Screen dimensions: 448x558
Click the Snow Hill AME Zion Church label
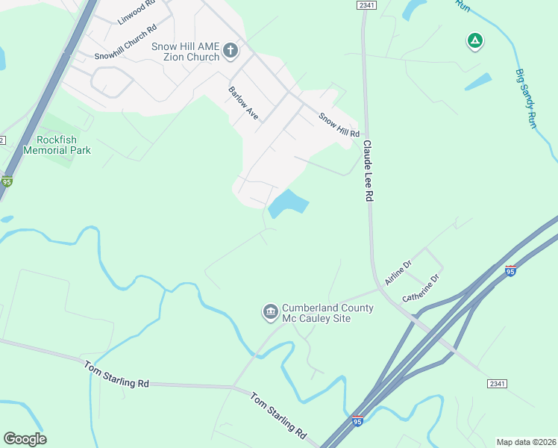(x=186, y=52)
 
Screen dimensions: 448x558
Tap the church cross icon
(x=231, y=51)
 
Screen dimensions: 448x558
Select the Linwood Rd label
(x=137, y=13)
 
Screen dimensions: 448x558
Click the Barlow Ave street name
(x=243, y=104)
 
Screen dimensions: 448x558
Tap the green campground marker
(x=474, y=42)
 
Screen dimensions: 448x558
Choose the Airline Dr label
(x=398, y=273)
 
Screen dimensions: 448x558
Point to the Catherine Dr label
(x=422, y=288)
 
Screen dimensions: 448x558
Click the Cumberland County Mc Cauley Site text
(x=316, y=314)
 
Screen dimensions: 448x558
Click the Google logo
(x=25, y=439)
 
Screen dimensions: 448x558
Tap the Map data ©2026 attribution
(x=526, y=441)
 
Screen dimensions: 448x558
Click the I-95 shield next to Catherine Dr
(x=510, y=270)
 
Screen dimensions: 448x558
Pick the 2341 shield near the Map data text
(x=498, y=383)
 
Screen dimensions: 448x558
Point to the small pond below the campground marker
(x=478, y=81)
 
